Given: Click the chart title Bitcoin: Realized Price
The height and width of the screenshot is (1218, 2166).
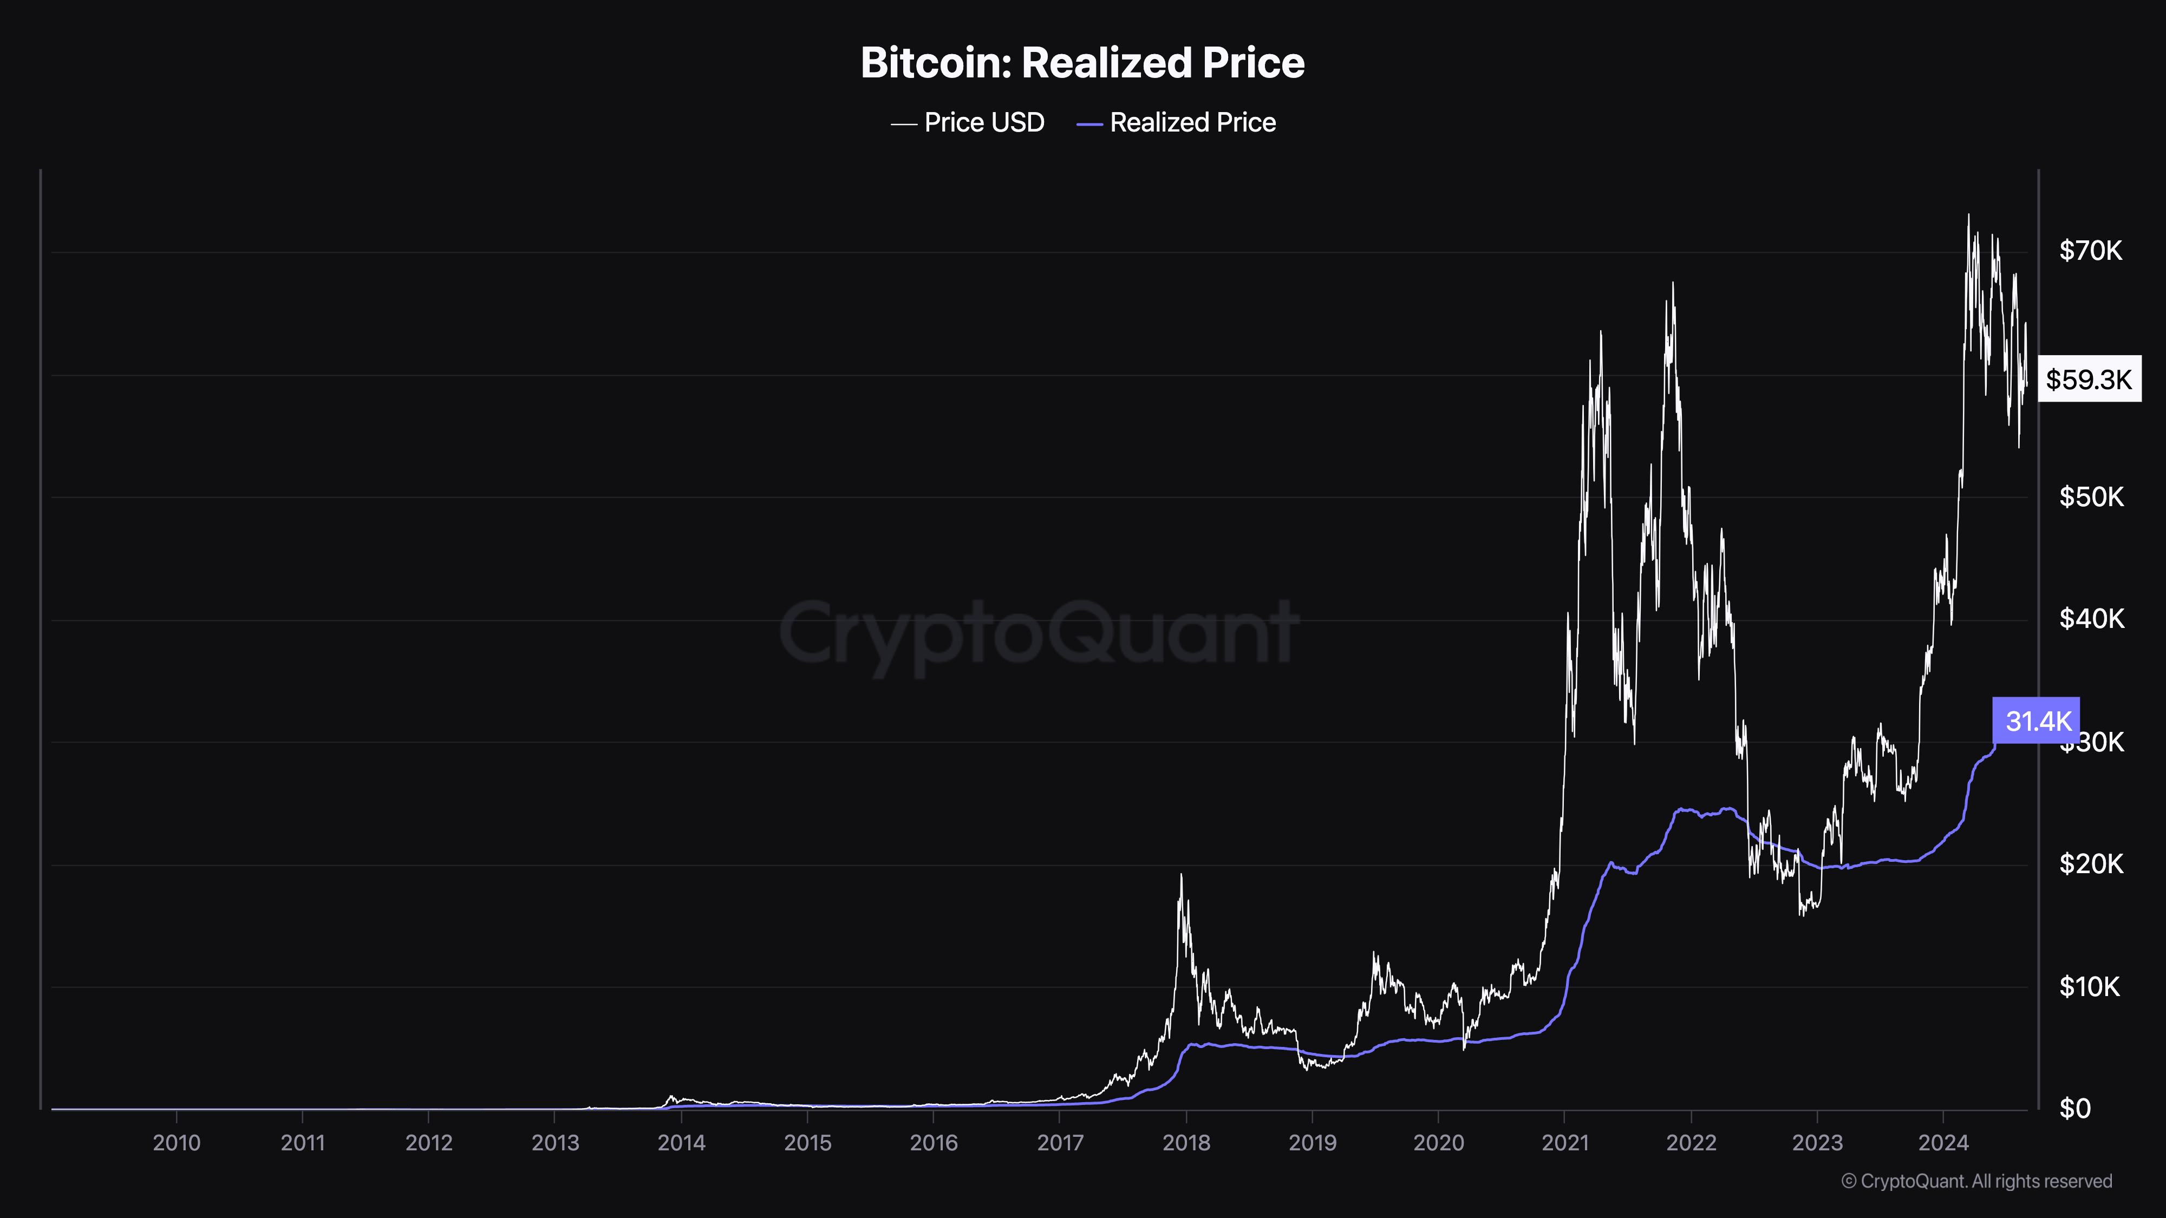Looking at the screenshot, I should coord(1082,63).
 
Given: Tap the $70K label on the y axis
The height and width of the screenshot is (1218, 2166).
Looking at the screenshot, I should coord(2090,251).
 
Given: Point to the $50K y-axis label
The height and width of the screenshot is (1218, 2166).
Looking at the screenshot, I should coord(2090,497).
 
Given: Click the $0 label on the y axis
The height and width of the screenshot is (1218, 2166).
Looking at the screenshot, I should coord(2074,1109).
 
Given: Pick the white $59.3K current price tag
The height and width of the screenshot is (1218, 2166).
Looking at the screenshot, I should coord(2089,379).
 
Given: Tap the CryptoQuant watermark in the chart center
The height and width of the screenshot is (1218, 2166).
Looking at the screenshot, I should coord(1039,632).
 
